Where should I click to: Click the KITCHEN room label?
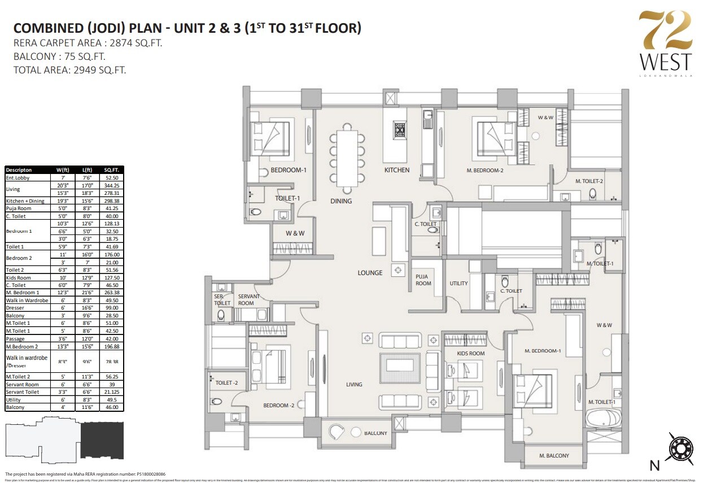(x=397, y=170)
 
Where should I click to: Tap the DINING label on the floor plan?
(x=341, y=201)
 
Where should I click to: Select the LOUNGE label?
(x=370, y=273)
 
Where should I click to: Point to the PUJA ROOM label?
(x=422, y=280)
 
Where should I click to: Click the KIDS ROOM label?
(x=471, y=354)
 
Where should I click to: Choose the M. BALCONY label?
(x=554, y=456)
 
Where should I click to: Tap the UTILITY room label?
(x=459, y=284)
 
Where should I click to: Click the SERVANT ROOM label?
(x=248, y=300)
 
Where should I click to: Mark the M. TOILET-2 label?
(x=590, y=181)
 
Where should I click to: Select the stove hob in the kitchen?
(x=400, y=129)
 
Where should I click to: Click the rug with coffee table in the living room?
(x=401, y=370)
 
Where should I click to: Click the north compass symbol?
(x=680, y=449)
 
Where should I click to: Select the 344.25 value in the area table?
(x=111, y=185)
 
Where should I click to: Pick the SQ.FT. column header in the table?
(x=111, y=170)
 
